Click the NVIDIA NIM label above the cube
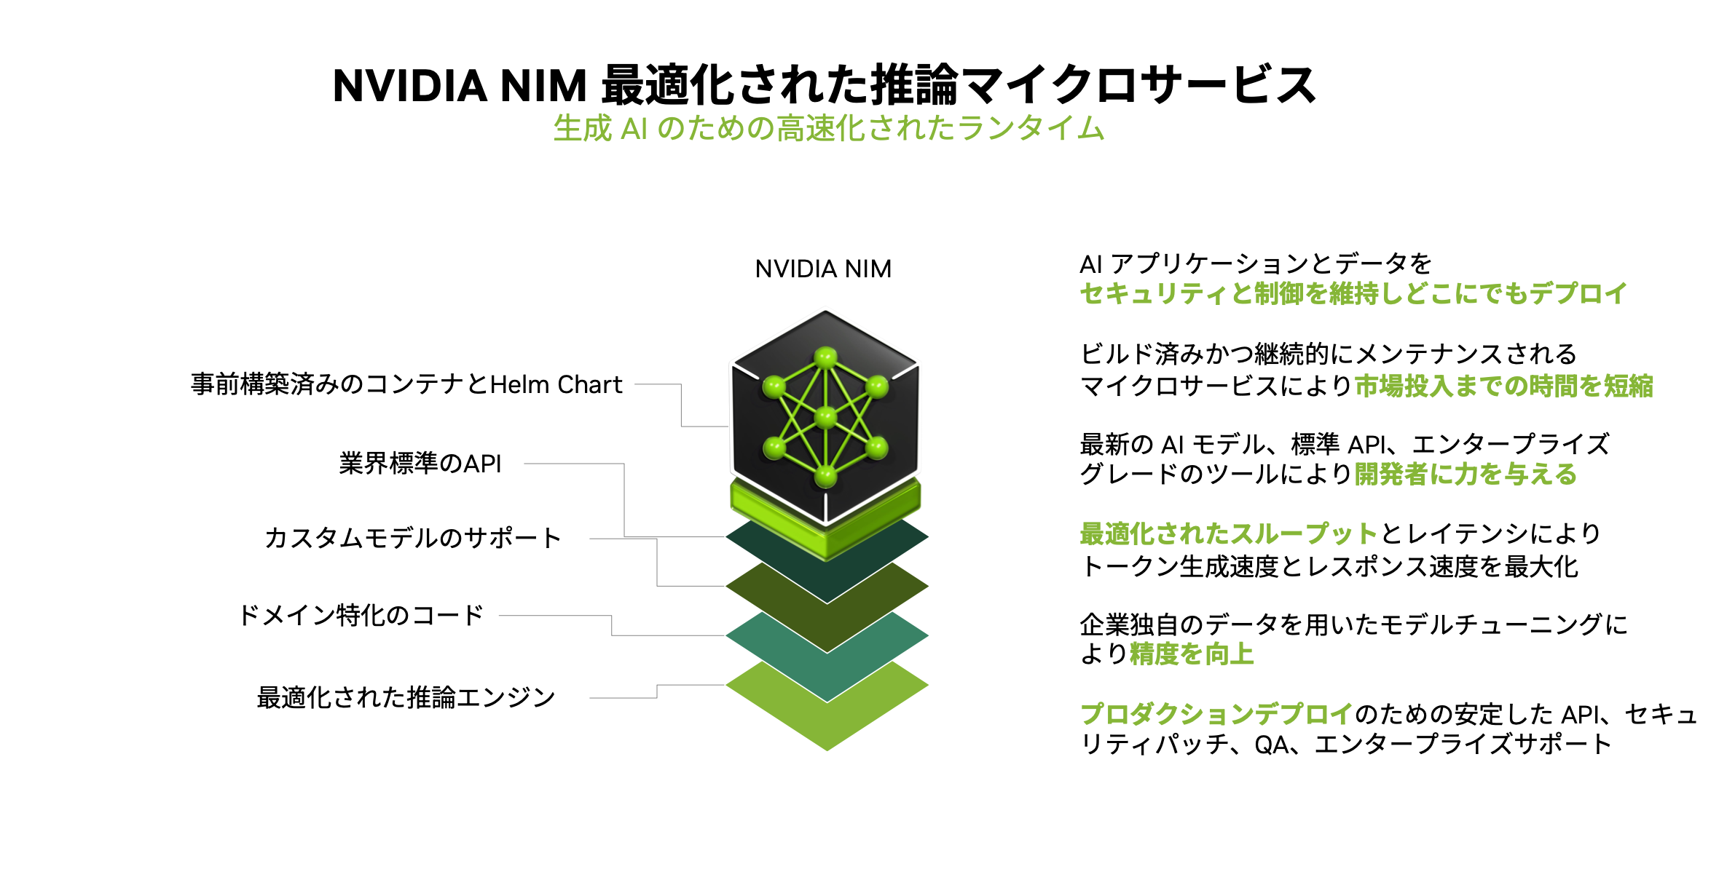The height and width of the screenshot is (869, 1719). coord(823,269)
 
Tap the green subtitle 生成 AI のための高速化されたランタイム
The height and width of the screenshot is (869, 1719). coord(828,128)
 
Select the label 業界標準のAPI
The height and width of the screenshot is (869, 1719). coord(420,464)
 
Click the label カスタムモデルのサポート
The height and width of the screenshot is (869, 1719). coord(413,538)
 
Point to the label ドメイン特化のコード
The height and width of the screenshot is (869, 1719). coord(361,616)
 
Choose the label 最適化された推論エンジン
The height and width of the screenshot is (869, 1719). coord(406,697)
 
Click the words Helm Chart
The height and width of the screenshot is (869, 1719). coord(556,384)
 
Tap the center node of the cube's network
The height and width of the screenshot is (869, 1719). coord(825,417)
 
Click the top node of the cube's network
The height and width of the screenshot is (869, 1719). coord(825,357)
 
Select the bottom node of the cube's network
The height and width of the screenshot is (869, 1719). coord(825,476)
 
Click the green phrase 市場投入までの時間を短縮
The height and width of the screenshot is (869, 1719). coord(1503,386)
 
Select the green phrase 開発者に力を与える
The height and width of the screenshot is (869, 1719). coord(1466,475)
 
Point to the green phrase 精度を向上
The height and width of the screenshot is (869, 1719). coord(1192,654)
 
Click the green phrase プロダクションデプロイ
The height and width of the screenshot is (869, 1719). coord(1216,714)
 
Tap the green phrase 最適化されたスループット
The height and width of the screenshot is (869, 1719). coord(1228,534)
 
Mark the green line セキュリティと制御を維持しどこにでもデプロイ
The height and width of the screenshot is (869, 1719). coord(1353,294)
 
